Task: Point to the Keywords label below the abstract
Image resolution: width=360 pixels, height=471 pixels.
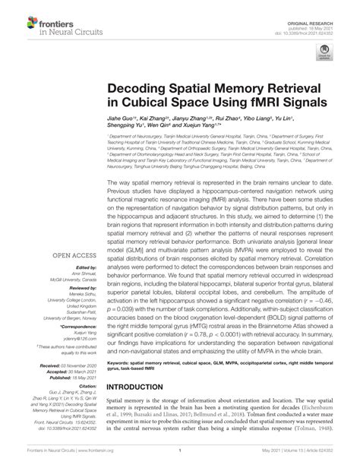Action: [121, 385]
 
